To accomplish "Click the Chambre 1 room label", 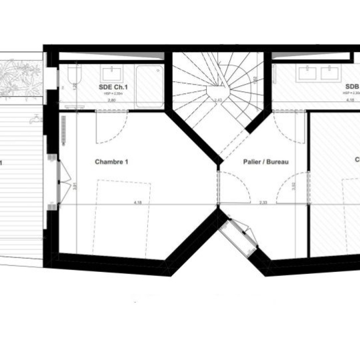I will pos(111,162).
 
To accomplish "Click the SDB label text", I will pos(351,87).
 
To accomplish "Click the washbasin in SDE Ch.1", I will pos(110,73).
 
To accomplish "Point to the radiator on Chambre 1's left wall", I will pos(63,126).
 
